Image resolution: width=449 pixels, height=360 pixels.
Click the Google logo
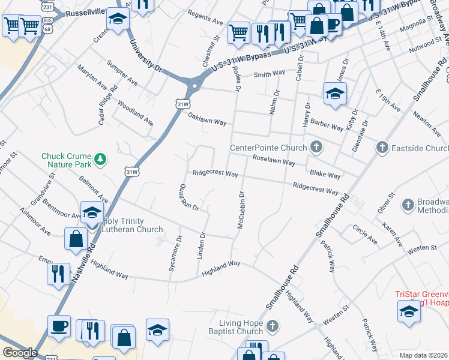click(20, 353)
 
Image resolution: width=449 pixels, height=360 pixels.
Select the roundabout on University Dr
click(194, 87)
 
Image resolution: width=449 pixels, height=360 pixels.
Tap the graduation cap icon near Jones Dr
click(335, 93)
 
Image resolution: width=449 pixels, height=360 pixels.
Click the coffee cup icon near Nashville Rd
click(59, 325)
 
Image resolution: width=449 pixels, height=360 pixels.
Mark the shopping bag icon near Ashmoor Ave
click(76, 238)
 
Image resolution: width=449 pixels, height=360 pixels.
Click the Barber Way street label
click(327, 122)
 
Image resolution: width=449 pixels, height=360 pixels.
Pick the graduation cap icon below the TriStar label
click(408, 311)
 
